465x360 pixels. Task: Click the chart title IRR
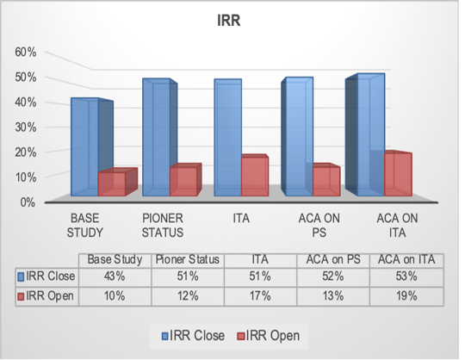(229, 21)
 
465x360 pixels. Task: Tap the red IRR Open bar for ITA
(255, 175)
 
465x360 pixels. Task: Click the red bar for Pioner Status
(185, 180)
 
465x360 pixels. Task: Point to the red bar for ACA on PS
(326, 180)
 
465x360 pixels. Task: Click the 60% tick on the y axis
(26, 53)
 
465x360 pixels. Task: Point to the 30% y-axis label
(26, 127)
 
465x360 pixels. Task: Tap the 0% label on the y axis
(28, 203)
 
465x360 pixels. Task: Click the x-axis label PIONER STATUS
(163, 226)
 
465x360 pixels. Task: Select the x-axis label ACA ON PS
(319, 226)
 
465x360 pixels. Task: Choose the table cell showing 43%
(115, 276)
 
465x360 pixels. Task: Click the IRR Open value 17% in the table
(260, 296)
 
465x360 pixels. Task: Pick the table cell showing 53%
(406, 276)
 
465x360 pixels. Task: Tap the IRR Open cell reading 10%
(115, 296)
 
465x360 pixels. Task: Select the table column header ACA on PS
(333, 260)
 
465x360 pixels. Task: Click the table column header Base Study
(115, 260)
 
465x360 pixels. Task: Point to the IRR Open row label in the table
(46, 296)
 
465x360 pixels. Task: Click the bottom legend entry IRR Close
(193, 336)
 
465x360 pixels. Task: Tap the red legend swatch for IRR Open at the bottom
(241, 336)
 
